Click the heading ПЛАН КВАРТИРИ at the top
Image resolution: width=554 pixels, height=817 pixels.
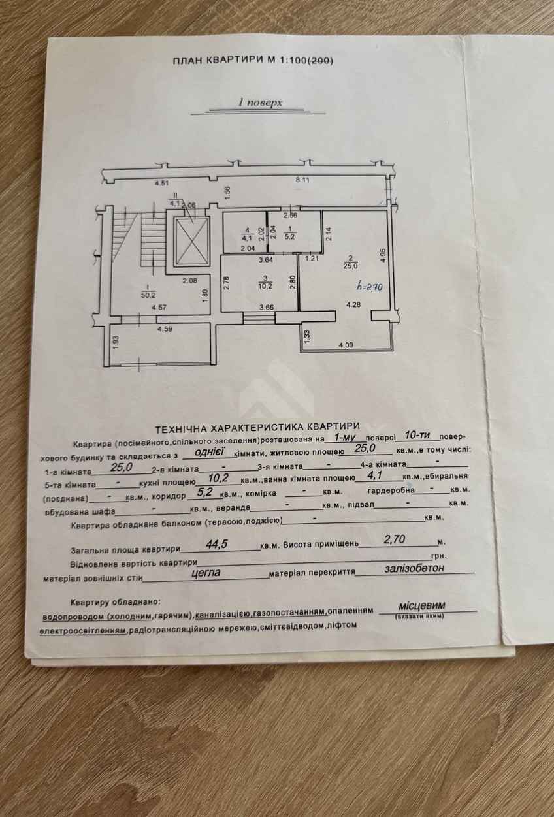click(x=218, y=61)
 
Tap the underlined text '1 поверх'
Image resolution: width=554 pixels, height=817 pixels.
click(x=260, y=103)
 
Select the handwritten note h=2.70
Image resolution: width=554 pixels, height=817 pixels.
click(x=369, y=287)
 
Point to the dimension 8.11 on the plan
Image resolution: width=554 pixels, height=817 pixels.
click(x=302, y=180)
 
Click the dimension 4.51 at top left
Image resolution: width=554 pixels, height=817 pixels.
click(x=161, y=184)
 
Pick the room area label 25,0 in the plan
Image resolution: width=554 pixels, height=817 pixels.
click(x=350, y=266)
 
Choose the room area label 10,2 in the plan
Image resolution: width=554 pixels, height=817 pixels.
click(x=265, y=286)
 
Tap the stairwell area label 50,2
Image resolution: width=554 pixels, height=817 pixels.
click(x=148, y=295)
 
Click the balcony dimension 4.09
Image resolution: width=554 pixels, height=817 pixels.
click(x=346, y=345)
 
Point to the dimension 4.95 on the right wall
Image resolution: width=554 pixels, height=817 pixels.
click(x=382, y=255)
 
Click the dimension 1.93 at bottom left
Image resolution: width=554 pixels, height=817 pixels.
click(x=116, y=342)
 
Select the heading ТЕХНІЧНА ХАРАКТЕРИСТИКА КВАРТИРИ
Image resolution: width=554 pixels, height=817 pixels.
click(x=257, y=426)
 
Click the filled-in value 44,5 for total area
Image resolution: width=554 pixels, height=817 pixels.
click(x=217, y=544)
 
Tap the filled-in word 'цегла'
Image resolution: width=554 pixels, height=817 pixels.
click(x=206, y=572)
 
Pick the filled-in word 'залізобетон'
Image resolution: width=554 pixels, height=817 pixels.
click(x=414, y=568)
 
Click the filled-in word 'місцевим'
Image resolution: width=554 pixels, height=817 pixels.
click(x=422, y=605)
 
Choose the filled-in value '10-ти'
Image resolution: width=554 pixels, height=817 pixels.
click(x=418, y=435)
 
